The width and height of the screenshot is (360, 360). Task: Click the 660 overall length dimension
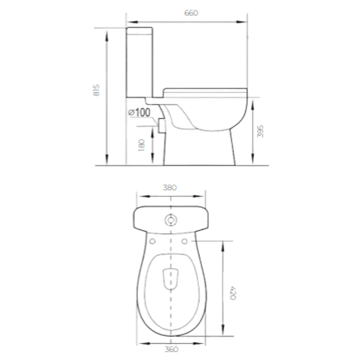click(191, 13)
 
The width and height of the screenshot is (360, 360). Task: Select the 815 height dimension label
click(96, 90)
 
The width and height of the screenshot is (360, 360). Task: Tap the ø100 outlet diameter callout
click(139, 113)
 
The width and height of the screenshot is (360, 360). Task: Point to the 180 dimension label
click(142, 145)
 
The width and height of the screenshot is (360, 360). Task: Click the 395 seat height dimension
click(261, 131)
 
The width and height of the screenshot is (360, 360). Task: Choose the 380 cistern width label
click(170, 188)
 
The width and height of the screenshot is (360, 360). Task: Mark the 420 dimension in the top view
click(233, 293)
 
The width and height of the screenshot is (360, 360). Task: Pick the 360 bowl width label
click(171, 349)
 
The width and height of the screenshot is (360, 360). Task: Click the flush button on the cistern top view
click(171, 220)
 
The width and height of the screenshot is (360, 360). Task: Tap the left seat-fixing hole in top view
click(152, 241)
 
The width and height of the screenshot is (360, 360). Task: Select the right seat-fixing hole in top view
click(185, 241)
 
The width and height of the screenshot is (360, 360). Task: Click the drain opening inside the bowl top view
click(171, 279)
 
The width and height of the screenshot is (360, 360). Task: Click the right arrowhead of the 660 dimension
click(244, 22)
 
